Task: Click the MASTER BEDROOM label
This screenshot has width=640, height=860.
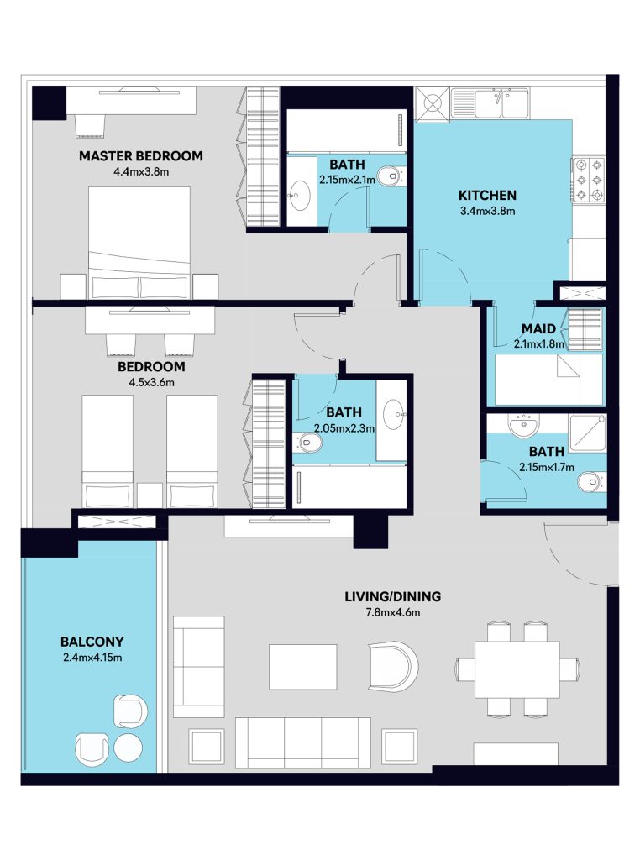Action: [x=141, y=155]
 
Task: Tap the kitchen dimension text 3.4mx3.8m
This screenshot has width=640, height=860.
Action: [x=487, y=211]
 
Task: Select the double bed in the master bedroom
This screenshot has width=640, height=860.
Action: [x=139, y=243]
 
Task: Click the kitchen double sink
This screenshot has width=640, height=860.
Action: [x=501, y=103]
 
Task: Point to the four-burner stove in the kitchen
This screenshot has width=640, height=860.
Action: [x=588, y=180]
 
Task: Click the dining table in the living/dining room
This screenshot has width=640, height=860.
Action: [x=517, y=669]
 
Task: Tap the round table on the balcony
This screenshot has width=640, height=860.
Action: [x=128, y=747]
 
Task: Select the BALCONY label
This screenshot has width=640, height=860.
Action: [x=92, y=641]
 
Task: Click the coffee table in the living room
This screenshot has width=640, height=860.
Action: [x=302, y=667]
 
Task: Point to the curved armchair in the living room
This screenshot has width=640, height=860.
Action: [x=394, y=666]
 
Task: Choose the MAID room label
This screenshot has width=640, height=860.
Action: [x=538, y=328]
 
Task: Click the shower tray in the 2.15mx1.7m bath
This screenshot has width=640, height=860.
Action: [x=588, y=433]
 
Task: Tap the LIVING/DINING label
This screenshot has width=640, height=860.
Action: [x=393, y=596]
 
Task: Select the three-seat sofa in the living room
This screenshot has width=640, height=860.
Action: [x=303, y=743]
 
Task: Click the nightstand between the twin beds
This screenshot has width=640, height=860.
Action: [x=150, y=496]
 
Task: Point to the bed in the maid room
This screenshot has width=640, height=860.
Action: [x=548, y=380]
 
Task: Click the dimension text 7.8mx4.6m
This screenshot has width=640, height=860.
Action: [x=393, y=612]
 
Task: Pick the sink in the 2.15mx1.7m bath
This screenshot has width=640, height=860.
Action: [x=524, y=425]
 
